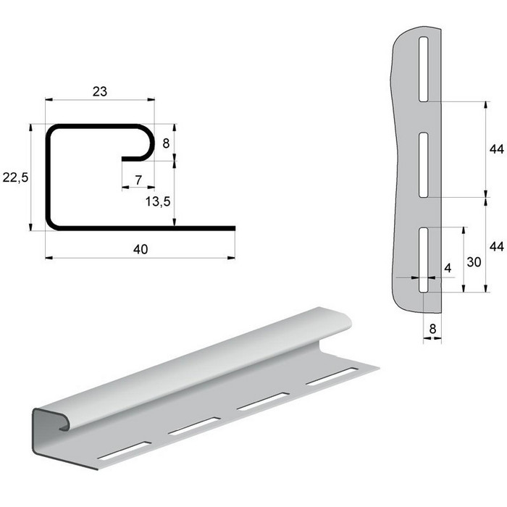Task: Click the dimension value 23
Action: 100,91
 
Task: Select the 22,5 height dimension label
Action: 15,177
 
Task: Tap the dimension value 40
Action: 141,249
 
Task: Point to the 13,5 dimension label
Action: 158,201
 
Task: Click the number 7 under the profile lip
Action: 138,180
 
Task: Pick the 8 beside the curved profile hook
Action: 166,143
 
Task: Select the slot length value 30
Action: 474,262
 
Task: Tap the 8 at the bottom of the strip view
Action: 432,329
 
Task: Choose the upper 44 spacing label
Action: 496,149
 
